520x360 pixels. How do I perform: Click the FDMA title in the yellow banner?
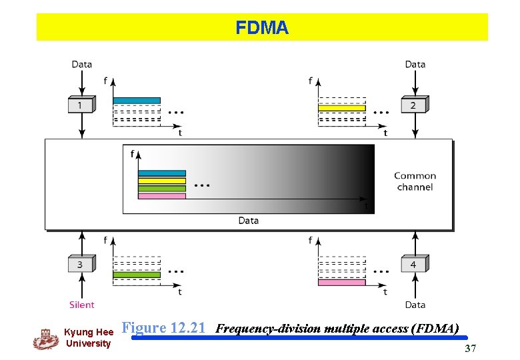(261, 28)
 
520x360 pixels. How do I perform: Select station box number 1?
(81, 105)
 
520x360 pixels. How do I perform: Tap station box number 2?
(413, 105)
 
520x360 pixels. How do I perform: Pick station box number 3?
(81, 264)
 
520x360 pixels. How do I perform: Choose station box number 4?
(413, 264)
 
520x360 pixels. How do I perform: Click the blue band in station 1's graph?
(137, 101)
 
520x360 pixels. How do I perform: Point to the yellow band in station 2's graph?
(342, 108)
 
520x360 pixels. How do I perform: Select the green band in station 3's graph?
(137, 275)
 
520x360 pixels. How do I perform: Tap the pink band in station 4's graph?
(342, 283)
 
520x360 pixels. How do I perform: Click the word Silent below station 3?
(82, 305)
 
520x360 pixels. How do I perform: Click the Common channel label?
(415, 181)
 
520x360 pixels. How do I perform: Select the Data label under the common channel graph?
(248, 221)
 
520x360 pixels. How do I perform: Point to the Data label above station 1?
(82, 65)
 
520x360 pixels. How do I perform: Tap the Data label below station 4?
(415, 305)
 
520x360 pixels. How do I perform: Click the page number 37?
(470, 349)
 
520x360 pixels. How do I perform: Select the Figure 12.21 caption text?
(164, 328)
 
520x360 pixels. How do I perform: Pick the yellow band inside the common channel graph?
(162, 181)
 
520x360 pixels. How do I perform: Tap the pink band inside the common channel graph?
(162, 196)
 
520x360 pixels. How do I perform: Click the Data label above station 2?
(415, 65)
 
